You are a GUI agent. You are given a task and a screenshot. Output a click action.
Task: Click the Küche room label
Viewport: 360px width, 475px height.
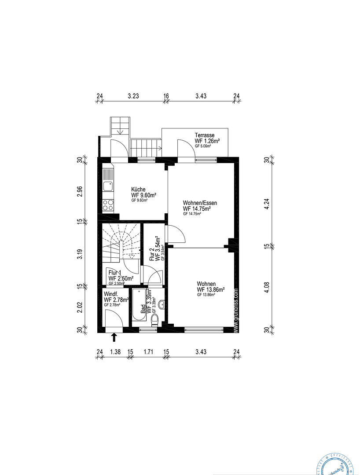(x=138, y=189)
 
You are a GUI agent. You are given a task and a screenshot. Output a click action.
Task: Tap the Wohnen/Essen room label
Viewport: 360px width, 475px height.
(x=200, y=203)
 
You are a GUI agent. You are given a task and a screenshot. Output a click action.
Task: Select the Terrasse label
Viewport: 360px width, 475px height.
(x=205, y=135)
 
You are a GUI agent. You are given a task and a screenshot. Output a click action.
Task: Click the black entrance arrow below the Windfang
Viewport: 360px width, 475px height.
(x=114, y=337)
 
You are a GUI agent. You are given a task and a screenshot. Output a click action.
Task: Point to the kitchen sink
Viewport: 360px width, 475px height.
(x=108, y=185)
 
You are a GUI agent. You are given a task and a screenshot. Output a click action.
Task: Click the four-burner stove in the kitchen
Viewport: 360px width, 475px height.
(x=108, y=205)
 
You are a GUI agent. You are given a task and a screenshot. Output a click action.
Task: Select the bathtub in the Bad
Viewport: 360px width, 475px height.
(x=138, y=307)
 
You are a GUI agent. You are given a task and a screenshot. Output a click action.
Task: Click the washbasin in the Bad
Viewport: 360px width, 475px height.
(x=162, y=303)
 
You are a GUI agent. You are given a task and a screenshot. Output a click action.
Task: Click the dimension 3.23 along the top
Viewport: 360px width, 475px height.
(x=133, y=96)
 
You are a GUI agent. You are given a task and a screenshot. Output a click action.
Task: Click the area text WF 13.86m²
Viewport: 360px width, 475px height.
(x=211, y=290)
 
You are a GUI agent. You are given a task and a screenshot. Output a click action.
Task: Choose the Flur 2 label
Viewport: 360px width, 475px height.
(x=152, y=255)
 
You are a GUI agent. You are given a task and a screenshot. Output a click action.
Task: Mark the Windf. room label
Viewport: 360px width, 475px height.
(x=110, y=293)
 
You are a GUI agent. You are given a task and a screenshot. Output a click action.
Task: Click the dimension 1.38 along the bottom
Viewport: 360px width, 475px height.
(x=115, y=351)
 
